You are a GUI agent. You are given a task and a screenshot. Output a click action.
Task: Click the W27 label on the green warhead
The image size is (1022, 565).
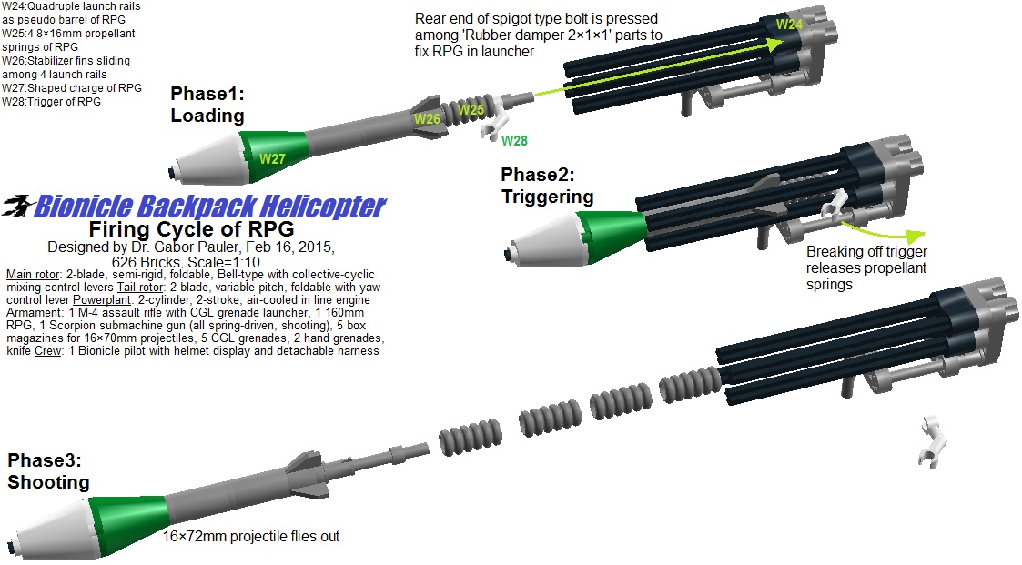coord(272,158)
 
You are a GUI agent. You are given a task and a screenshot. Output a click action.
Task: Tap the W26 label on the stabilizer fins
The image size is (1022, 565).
coord(428,119)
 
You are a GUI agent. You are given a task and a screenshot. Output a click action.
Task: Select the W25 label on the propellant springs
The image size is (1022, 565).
coord(471,110)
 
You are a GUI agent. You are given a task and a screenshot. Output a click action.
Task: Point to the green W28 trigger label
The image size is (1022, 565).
coord(513,140)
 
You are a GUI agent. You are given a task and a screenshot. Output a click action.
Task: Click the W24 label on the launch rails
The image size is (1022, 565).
coord(788,25)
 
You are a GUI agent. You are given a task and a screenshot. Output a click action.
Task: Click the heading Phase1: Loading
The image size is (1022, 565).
coord(207,105)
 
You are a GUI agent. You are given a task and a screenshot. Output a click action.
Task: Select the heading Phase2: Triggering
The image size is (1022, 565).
coord(546,185)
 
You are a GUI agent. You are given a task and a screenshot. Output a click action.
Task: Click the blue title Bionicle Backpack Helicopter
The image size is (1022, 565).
coord(209,207)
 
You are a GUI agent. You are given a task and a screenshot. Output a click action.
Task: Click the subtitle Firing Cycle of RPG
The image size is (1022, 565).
coord(190,227)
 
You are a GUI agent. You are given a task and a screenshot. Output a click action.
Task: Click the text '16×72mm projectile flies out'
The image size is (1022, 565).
coord(251,537)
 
